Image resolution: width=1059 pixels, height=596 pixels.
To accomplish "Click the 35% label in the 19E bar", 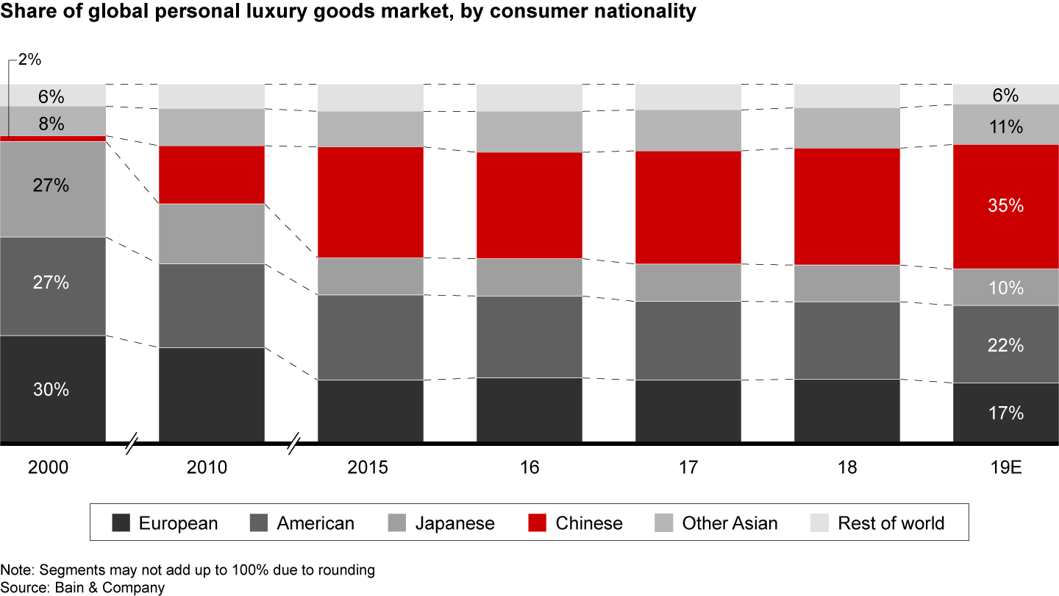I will point(1005,206).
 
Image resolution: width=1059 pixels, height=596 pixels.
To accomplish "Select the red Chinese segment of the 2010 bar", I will point(212,174).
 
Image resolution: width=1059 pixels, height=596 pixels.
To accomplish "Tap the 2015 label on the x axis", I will point(370,468).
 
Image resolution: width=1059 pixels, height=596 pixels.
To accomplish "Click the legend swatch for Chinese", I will point(538,523).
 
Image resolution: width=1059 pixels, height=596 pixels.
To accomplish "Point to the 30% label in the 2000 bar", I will point(51,390).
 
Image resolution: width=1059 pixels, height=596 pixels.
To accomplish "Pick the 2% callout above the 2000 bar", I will point(29,60).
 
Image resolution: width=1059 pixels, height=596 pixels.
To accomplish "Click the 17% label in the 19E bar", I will point(1005,414).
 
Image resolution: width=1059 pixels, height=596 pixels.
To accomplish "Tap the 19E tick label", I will point(1005,468).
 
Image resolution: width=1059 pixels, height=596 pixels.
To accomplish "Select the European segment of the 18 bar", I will point(847,411).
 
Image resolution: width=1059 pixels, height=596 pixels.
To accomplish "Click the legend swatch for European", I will point(121,523).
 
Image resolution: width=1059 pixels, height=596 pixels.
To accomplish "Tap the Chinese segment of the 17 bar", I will point(688,207).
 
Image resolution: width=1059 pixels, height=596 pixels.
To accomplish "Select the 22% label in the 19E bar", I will point(1005,344).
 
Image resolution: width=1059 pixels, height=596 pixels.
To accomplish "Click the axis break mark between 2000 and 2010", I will point(132,444).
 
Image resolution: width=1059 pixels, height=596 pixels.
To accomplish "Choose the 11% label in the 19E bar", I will point(1005,127).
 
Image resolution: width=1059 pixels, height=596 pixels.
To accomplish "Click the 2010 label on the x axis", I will point(211,468).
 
